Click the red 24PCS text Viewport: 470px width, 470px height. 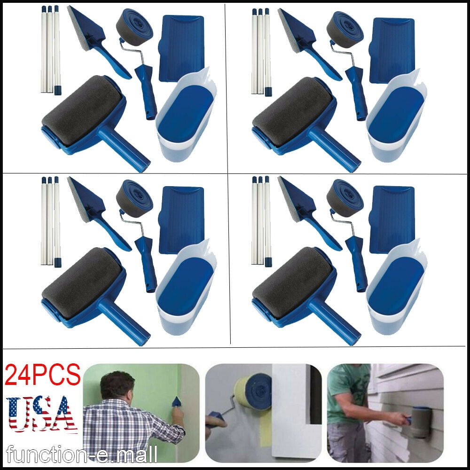43,375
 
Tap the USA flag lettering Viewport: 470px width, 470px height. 42,414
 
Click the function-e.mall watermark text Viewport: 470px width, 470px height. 81,454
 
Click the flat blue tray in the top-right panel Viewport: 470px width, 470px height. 392,50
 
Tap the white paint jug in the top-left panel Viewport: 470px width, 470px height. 186,116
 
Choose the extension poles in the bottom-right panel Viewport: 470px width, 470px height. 261,221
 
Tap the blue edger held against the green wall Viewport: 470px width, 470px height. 177,402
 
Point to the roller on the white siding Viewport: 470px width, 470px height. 420,421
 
